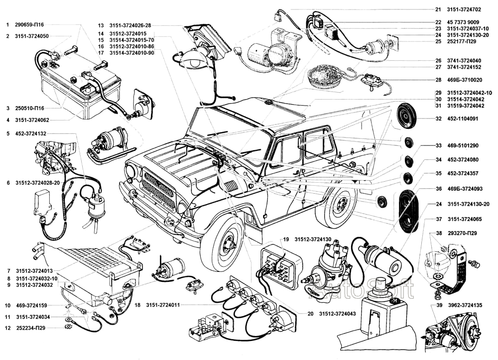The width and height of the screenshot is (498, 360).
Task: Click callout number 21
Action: tap(438, 9)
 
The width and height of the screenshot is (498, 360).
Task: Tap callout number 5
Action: tap(8, 133)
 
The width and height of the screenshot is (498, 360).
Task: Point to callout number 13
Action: tap(101, 25)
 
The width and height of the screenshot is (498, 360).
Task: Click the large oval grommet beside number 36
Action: tap(408, 211)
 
